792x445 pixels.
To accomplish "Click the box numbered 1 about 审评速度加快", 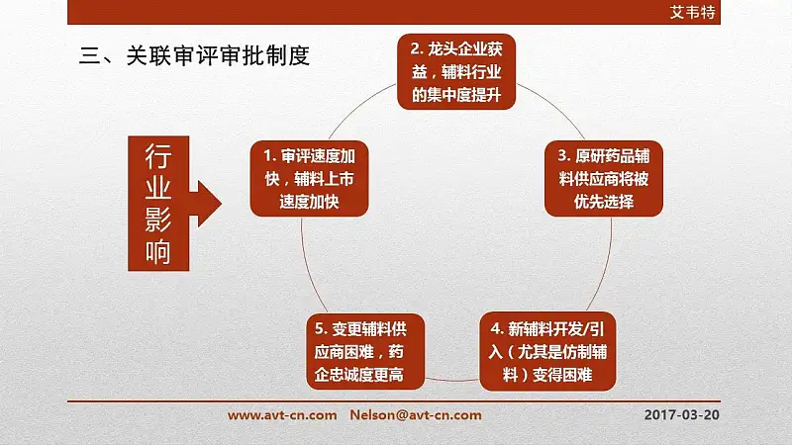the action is (x=309, y=179).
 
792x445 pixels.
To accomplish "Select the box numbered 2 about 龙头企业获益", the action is (x=456, y=71).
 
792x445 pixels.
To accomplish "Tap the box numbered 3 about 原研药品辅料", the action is (x=604, y=179).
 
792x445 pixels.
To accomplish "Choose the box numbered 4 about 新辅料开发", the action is (x=547, y=351).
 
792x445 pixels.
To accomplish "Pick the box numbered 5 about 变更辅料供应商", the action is (x=365, y=351).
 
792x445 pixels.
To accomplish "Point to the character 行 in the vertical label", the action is (x=158, y=156).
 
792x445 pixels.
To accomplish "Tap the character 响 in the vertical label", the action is (x=158, y=251).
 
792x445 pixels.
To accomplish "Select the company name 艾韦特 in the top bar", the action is (x=692, y=12).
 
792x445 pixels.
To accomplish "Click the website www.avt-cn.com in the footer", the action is (x=282, y=415).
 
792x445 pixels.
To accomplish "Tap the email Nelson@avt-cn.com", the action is (x=416, y=415).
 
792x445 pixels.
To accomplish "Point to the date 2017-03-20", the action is (x=681, y=414).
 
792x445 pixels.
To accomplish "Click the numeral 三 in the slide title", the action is (x=90, y=55).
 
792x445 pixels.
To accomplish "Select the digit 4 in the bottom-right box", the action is (x=495, y=329).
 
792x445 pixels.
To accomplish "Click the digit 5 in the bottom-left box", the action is (x=319, y=329).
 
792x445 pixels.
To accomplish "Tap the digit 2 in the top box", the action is (x=415, y=48).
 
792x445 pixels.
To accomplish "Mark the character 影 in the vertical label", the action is (x=158, y=220).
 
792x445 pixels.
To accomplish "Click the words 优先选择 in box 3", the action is (x=604, y=202).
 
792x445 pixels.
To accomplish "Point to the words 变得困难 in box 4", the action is (x=562, y=375).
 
